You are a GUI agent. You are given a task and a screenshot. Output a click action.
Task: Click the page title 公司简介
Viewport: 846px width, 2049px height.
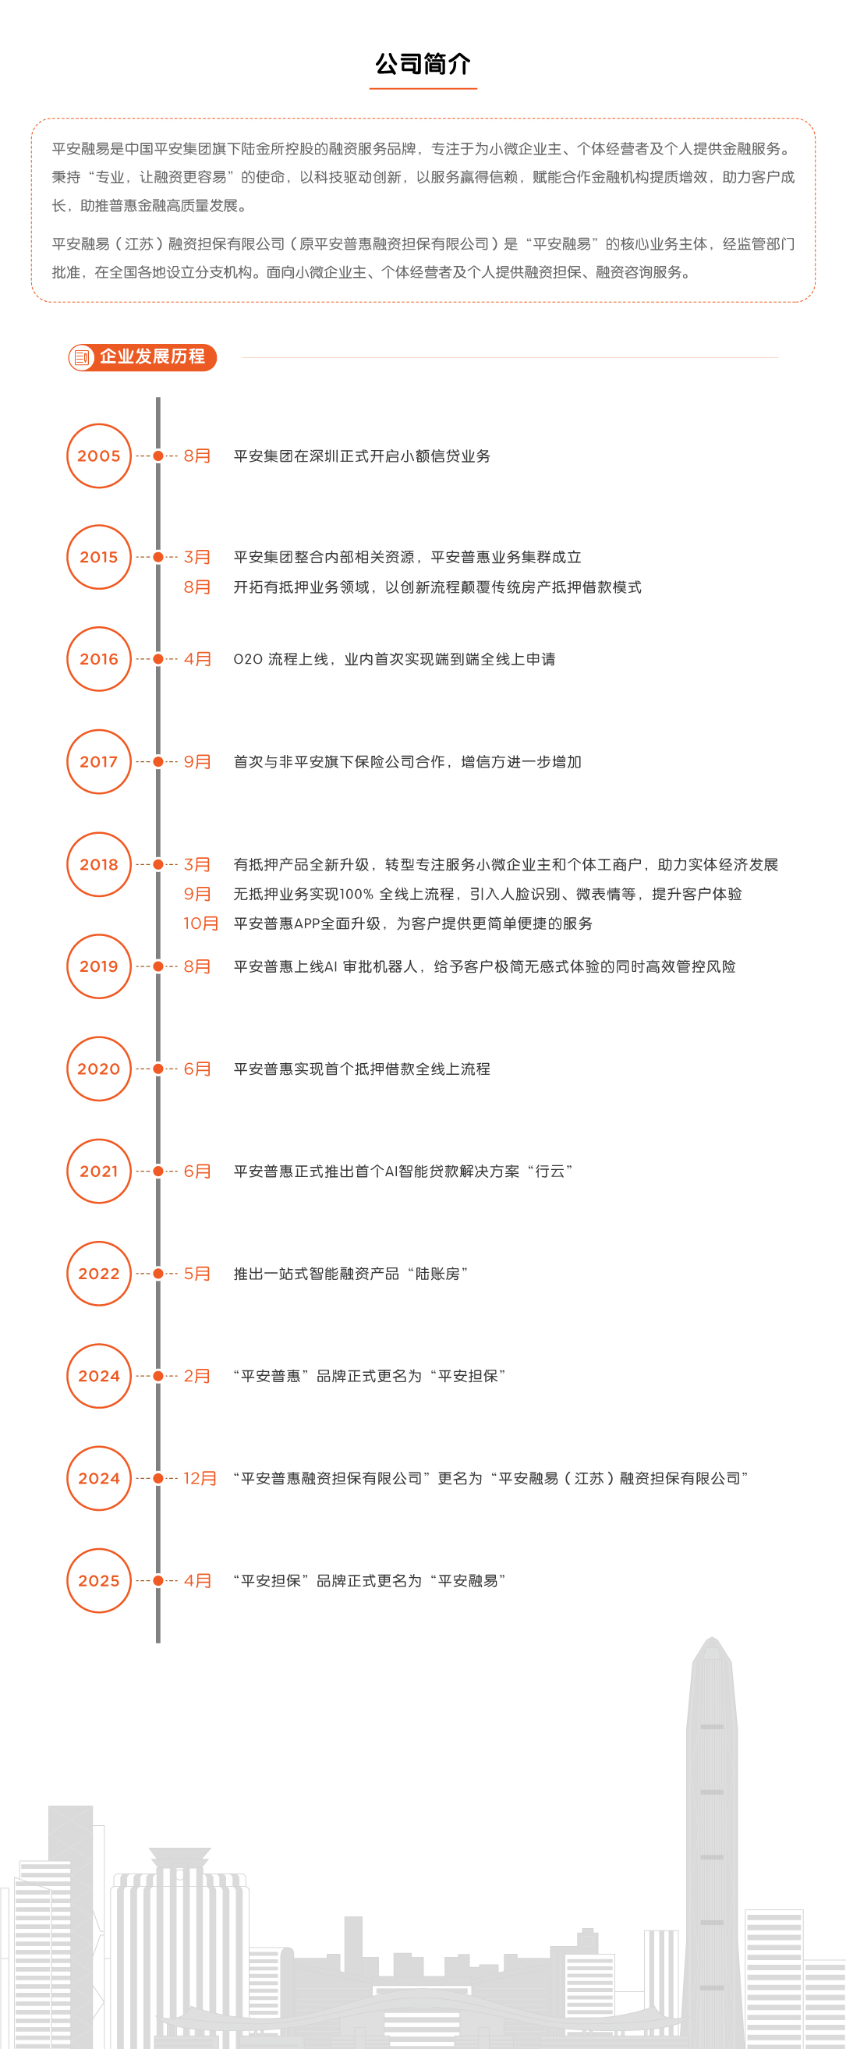pos(423,64)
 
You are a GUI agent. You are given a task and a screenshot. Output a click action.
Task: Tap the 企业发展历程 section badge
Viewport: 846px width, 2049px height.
pos(143,357)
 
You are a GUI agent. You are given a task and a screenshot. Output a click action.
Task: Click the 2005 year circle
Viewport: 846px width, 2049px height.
pos(98,456)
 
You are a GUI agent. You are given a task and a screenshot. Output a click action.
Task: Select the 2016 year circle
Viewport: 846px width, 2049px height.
pos(98,659)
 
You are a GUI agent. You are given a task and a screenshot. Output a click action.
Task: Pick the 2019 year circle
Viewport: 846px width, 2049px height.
pos(98,966)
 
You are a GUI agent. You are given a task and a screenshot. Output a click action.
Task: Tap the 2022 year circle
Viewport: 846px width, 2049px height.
pos(98,1274)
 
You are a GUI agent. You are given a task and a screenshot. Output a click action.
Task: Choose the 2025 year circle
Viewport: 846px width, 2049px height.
pos(98,1580)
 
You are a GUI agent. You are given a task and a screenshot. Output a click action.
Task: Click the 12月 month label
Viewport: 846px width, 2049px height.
pos(200,1478)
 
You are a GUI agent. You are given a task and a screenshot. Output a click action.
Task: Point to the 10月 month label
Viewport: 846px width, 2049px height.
pos(200,923)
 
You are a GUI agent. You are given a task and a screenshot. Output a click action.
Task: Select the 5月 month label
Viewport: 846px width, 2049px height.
pos(197,1274)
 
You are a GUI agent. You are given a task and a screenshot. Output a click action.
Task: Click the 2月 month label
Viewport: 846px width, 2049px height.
pos(197,1376)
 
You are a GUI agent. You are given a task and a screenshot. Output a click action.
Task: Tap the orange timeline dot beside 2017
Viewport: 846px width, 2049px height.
pos(158,762)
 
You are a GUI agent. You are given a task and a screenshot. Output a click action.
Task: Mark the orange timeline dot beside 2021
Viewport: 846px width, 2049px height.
pos(158,1171)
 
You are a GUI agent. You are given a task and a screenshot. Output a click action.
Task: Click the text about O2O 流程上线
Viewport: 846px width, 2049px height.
pos(395,659)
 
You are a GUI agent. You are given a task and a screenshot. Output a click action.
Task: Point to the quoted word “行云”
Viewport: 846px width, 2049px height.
pos(550,1171)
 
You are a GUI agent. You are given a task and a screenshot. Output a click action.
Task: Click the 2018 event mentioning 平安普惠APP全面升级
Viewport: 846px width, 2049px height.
pos(412,923)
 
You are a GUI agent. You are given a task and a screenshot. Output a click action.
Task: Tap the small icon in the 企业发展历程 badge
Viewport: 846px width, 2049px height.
pos(81,357)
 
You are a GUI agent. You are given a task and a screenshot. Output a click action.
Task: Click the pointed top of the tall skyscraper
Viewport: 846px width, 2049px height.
pos(713,1639)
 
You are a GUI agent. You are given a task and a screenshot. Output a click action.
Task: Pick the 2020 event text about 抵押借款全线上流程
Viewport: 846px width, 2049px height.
pos(362,1069)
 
